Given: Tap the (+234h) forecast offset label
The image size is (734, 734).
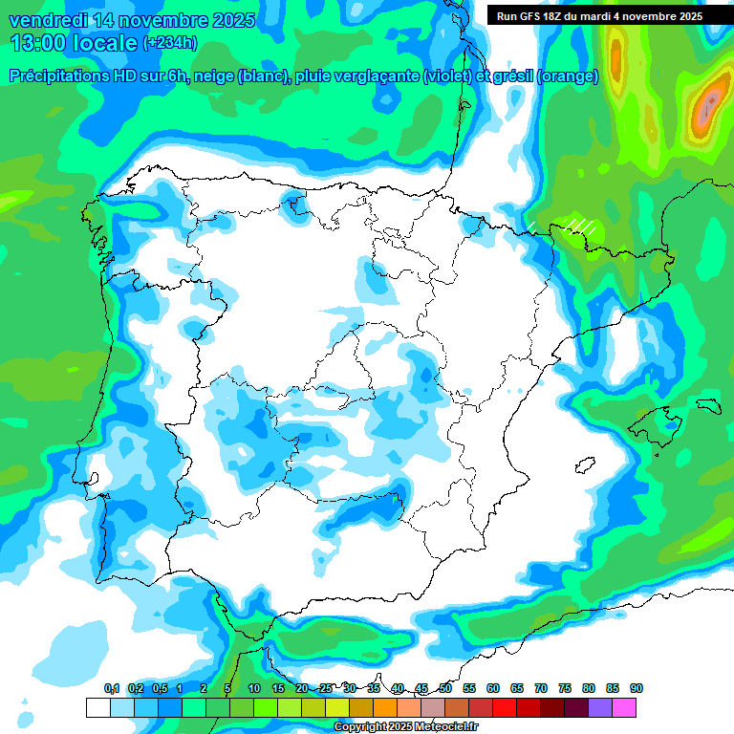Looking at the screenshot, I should [170, 43].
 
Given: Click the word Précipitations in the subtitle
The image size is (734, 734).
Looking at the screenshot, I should [71, 76].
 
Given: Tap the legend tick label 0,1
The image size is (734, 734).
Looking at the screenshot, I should [111, 689].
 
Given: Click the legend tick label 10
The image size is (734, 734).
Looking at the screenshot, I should [253, 689].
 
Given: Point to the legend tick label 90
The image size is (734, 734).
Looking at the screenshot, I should [637, 689].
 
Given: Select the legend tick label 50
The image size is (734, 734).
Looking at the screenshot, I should [445, 689].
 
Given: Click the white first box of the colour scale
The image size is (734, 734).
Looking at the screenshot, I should [98, 707].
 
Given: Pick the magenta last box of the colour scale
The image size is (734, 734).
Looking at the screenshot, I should [624, 707].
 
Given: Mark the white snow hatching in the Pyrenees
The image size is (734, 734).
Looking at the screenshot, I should [579, 226].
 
